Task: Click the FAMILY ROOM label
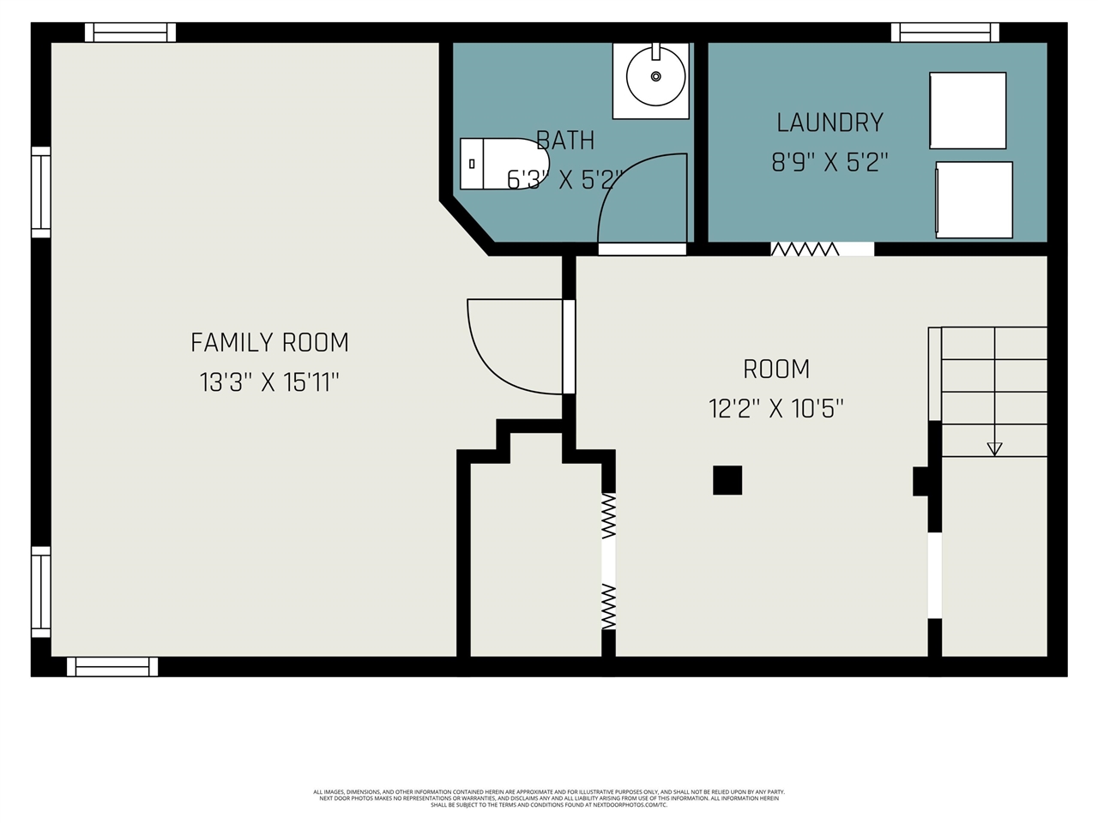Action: point(269,343)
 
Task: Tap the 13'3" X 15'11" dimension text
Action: point(269,382)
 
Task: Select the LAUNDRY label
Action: point(830,123)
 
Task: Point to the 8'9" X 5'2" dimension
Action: point(830,162)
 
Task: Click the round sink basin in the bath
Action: point(655,76)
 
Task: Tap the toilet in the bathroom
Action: point(503,163)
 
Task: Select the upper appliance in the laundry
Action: point(968,111)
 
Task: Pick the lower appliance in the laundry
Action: point(974,200)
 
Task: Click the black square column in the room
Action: point(727,480)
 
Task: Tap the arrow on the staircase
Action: point(994,448)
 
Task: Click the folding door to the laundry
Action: point(805,249)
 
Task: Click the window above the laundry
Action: point(944,33)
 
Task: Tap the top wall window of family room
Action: point(130,33)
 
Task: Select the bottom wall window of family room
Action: point(112,666)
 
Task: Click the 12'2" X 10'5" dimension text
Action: point(776,409)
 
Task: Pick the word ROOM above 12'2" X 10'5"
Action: point(776,369)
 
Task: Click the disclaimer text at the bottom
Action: point(549,798)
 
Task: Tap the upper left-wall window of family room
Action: point(40,191)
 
